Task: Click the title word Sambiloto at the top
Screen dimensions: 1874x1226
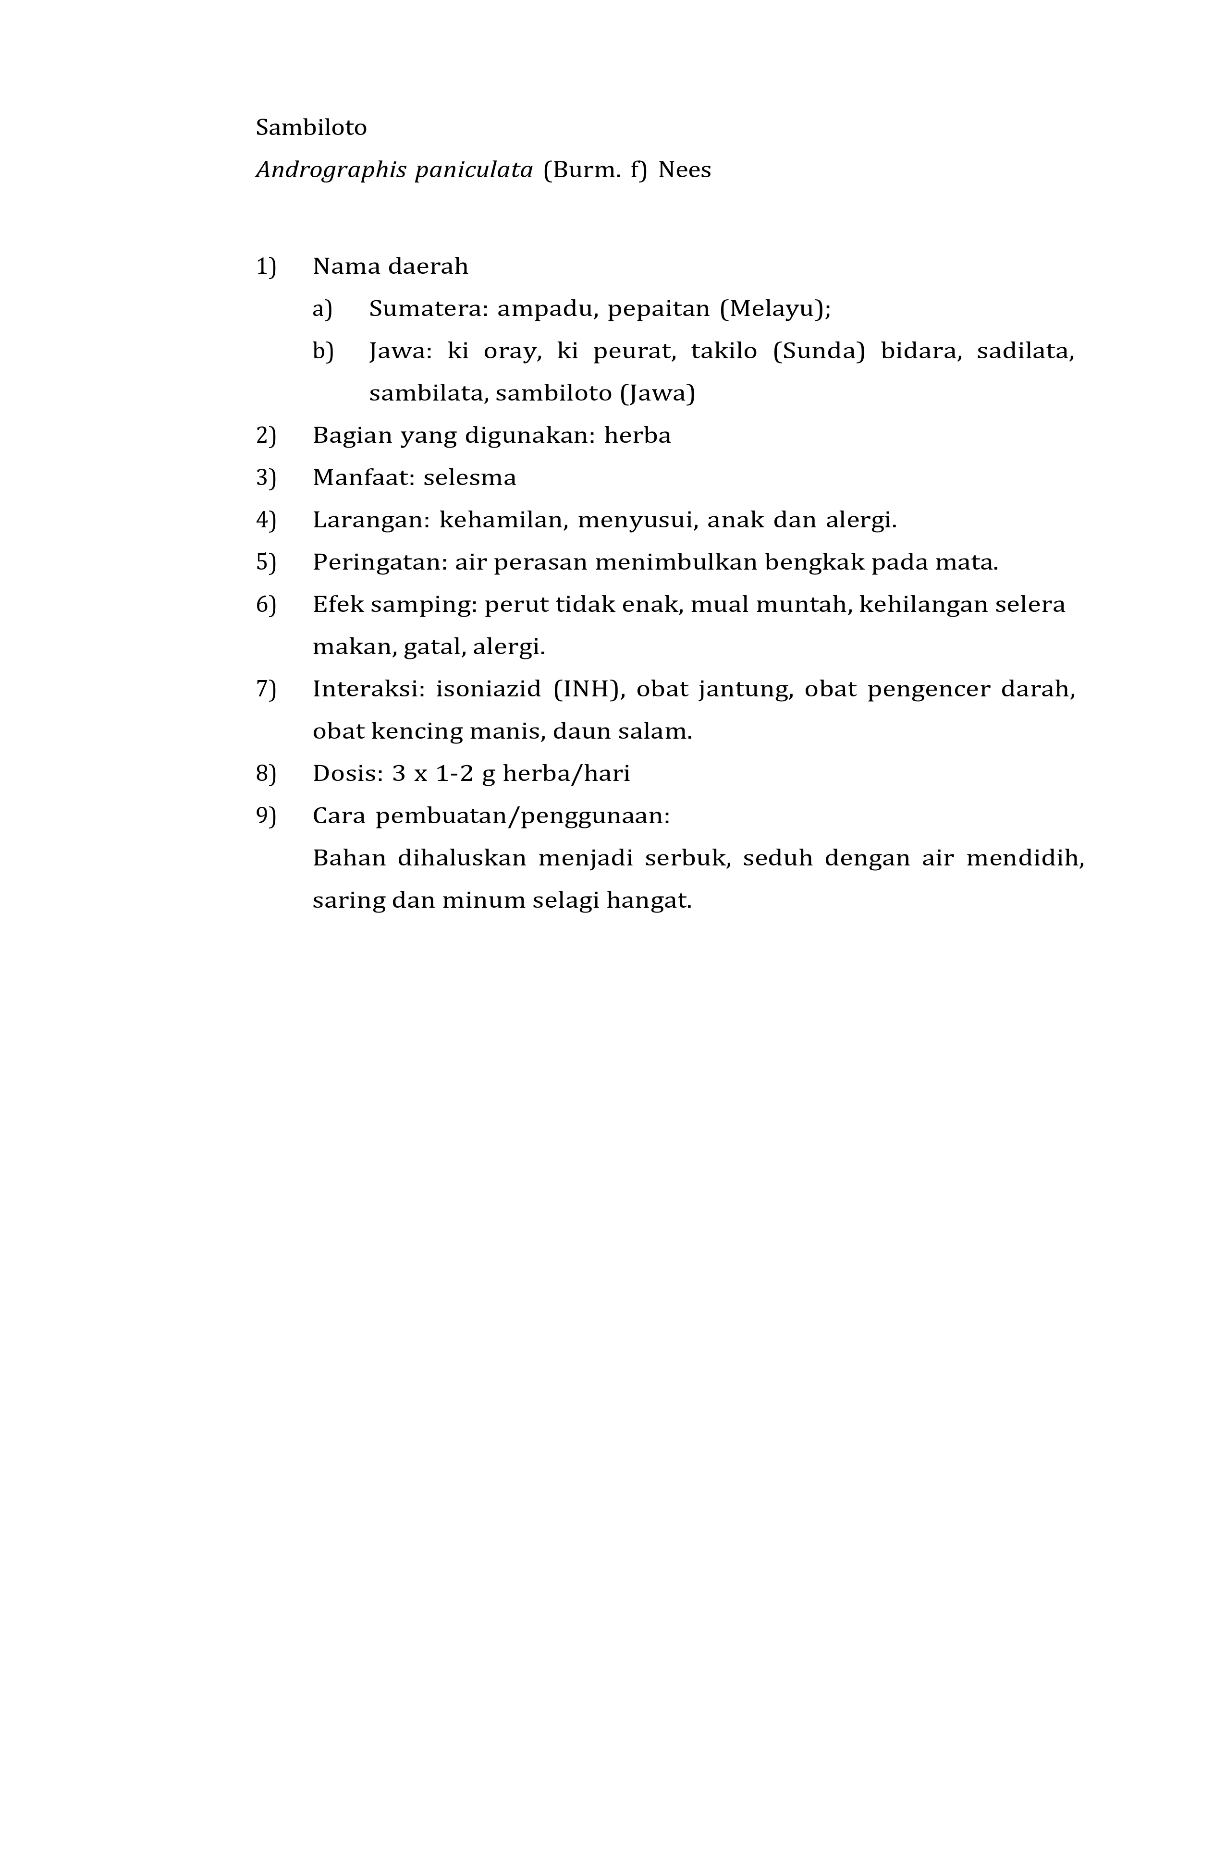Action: click(x=311, y=128)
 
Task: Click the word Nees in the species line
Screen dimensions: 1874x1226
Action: click(x=684, y=170)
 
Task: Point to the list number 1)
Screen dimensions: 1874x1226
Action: click(x=266, y=267)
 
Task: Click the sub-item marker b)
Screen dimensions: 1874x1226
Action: click(x=323, y=351)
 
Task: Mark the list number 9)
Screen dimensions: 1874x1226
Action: click(x=266, y=816)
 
